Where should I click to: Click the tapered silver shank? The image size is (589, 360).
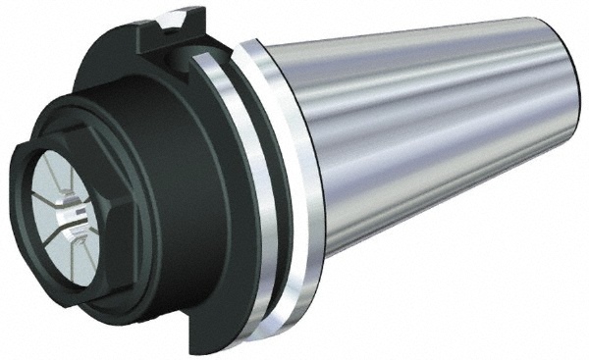pyautogui.click(x=432, y=137)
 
